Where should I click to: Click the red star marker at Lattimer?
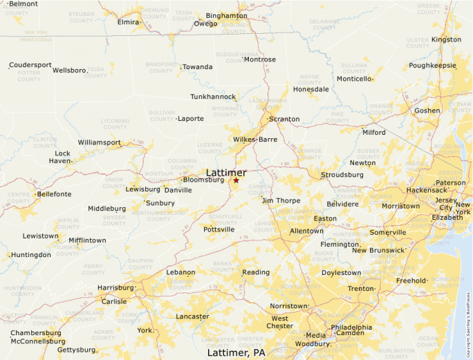click(x=236, y=180)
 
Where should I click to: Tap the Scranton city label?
click(x=284, y=119)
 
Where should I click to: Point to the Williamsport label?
click(x=99, y=142)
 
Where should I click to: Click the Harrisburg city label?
click(x=115, y=287)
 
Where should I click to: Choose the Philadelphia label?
click(x=351, y=328)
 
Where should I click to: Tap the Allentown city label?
click(x=306, y=231)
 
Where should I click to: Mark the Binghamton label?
click(x=226, y=15)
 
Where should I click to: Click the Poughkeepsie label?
click(x=432, y=66)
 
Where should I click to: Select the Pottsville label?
click(x=219, y=229)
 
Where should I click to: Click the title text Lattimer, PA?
click(x=236, y=352)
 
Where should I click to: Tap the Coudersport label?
click(x=30, y=65)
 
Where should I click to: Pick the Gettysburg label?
click(x=76, y=350)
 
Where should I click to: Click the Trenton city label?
click(x=360, y=288)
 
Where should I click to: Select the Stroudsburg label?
click(x=342, y=175)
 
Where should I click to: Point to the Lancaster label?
click(x=192, y=316)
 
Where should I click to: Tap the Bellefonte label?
click(x=54, y=194)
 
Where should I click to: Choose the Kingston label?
click(x=446, y=39)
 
